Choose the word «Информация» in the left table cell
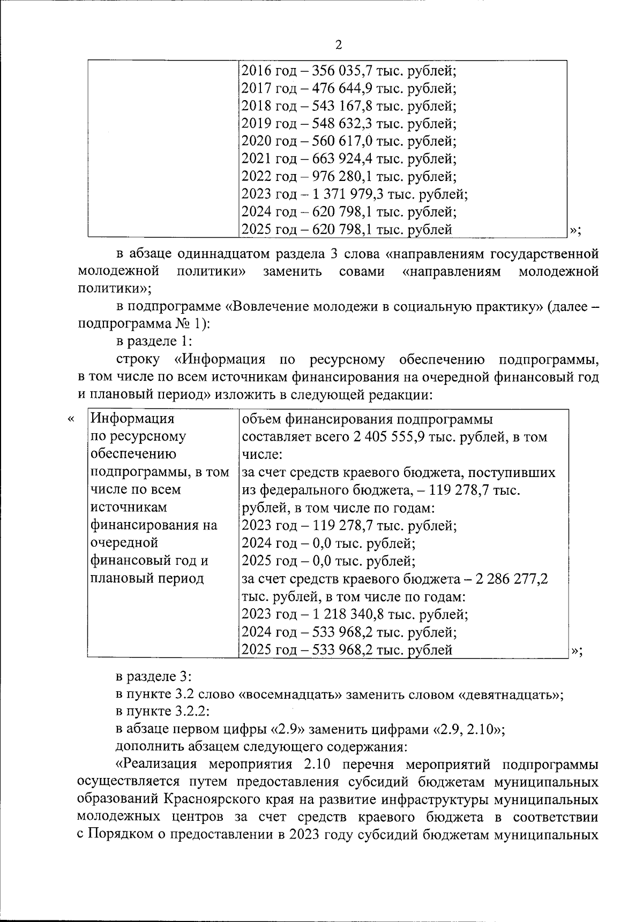tap(133, 419)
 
